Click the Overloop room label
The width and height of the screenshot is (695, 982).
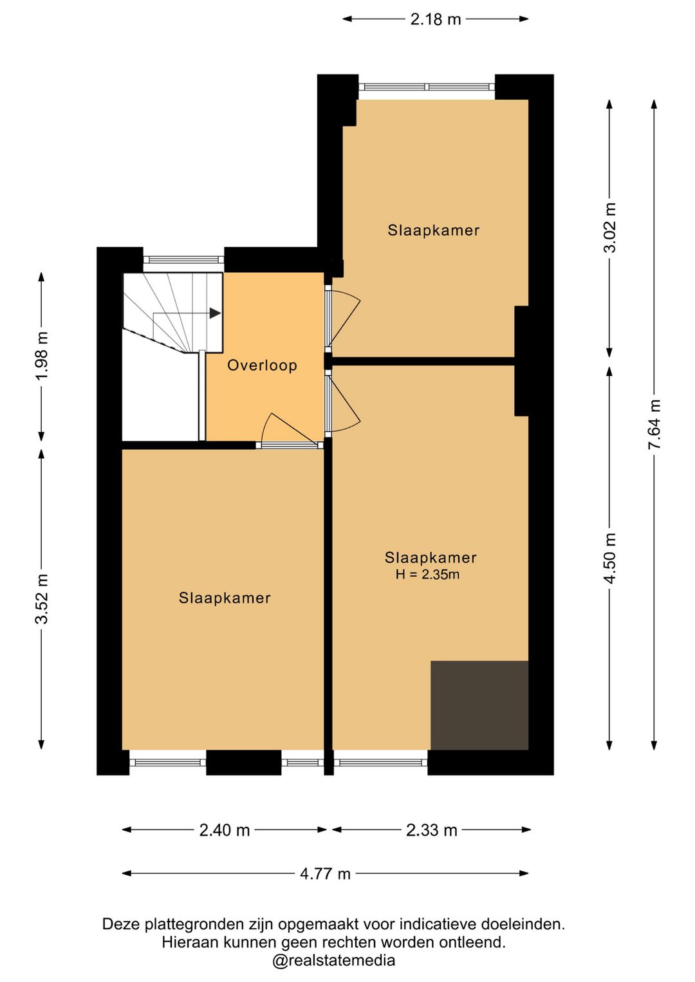coord(262,365)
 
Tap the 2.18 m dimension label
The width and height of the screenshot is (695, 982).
coord(436,19)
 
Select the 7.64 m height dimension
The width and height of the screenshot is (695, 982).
coord(654,424)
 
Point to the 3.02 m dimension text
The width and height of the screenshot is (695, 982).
coord(610,228)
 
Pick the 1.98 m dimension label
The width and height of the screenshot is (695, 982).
coord(42,356)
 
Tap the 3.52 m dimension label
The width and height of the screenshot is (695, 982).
coord(42,598)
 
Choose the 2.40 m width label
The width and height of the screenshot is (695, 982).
coord(225,830)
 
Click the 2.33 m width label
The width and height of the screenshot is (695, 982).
coord(431,830)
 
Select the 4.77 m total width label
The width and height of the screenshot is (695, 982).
coord(326,874)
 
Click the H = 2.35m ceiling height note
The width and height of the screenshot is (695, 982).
coord(427,574)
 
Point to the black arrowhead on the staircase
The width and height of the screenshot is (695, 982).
coord(215,313)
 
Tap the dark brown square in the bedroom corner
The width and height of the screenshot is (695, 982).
coord(479,705)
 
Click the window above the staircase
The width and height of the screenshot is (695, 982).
coord(184,260)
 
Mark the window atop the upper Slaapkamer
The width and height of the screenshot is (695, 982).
coord(427,87)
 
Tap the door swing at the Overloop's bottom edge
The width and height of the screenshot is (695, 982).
coord(290,430)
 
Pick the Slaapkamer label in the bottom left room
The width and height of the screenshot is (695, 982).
coord(225,598)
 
